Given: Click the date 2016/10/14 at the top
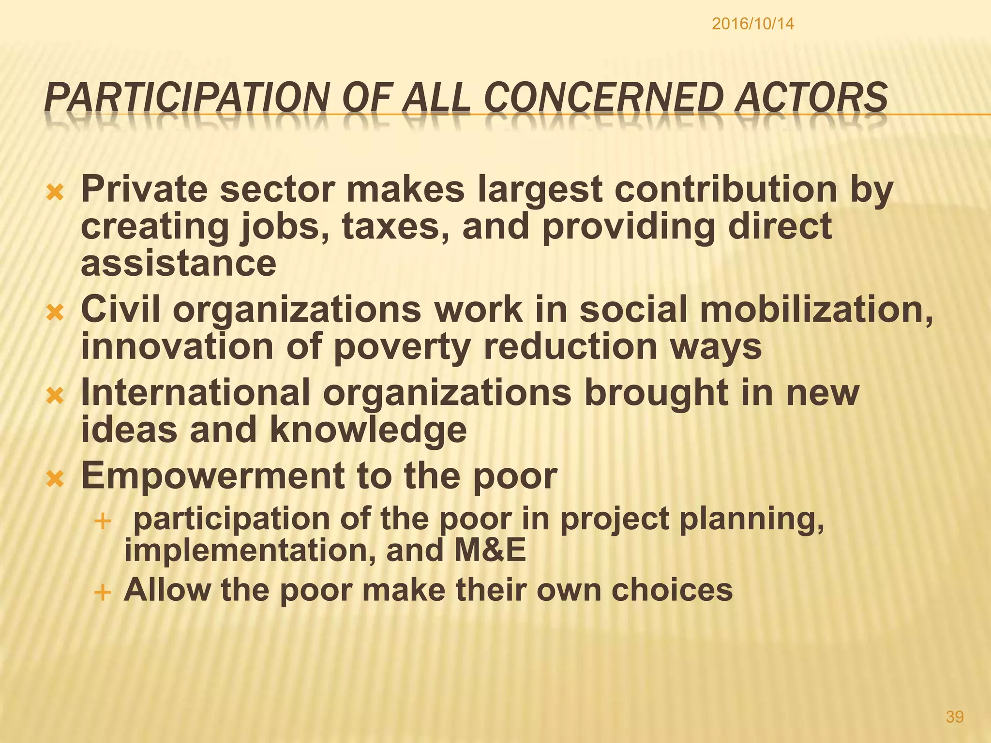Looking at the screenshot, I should pos(752,24).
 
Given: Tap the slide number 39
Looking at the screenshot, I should pos(955,716).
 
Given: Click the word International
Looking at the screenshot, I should pos(195,392).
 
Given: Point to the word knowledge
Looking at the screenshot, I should pos(368,430).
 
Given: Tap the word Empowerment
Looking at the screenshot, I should pos(212,476).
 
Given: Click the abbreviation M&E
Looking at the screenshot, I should pos(490,550).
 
